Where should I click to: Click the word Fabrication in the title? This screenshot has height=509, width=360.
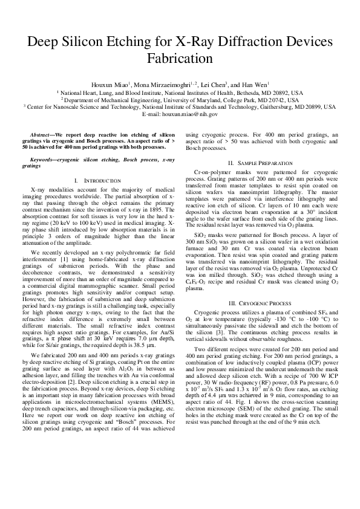180,59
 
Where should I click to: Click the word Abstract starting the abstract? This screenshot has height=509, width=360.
41,134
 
